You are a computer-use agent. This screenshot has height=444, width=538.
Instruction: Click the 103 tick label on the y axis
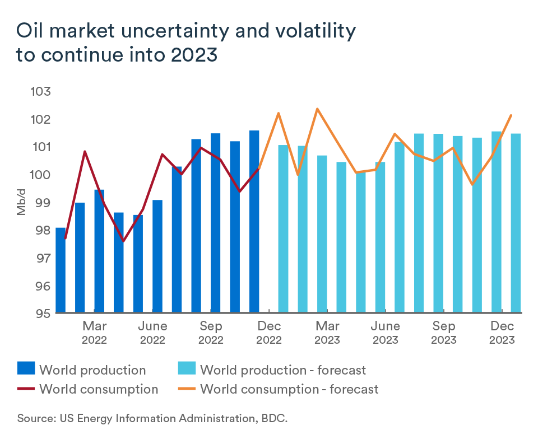point(39,92)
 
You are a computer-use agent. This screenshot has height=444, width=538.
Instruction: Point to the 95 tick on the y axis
point(39,313)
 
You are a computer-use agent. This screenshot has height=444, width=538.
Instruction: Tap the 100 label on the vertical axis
point(39,175)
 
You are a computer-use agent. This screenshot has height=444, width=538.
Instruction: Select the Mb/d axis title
point(21,203)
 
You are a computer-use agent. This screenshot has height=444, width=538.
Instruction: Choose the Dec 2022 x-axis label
point(268,333)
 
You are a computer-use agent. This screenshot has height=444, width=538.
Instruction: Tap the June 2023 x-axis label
point(386,333)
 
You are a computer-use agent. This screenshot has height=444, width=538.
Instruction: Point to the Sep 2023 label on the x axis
point(443,333)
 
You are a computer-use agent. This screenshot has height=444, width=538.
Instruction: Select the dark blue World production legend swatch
point(26,370)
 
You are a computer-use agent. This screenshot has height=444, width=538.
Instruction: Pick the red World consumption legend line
point(26,389)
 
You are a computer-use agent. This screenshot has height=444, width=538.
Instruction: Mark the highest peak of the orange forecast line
point(317,109)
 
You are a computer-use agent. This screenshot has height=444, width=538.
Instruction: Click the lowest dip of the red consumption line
point(123,241)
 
